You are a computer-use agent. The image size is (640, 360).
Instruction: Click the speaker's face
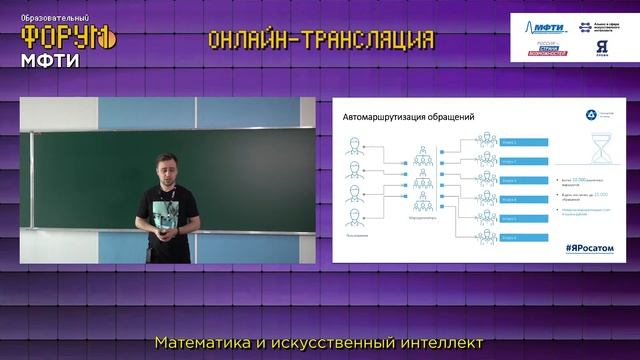[165, 168]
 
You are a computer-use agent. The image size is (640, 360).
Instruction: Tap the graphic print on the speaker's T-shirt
[165, 204]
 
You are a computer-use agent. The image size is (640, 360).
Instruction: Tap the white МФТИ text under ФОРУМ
[50, 59]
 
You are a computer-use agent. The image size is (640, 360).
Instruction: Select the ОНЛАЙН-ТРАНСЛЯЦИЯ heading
[321, 39]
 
